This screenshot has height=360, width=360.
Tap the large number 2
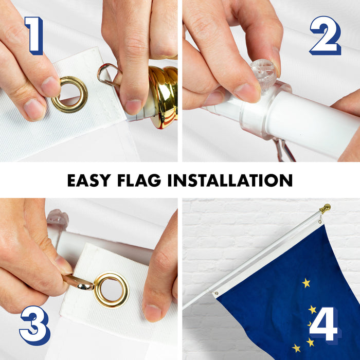tap(326, 35)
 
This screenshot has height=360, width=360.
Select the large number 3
tap(35, 326)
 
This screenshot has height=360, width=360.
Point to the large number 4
tap(324, 323)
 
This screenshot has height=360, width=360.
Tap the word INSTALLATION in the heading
tap(230, 180)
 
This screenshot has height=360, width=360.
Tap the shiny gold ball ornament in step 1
tap(164, 97)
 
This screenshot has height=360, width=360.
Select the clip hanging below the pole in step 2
tap(284, 150)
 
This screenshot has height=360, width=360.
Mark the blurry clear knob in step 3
tap(58, 218)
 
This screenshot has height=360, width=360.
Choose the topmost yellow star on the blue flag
tap(306, 283)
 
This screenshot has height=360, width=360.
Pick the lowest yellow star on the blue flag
tap(296, 348)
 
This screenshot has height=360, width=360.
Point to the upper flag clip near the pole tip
tap(319, 221)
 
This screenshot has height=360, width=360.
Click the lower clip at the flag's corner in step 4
tap(215, 293)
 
